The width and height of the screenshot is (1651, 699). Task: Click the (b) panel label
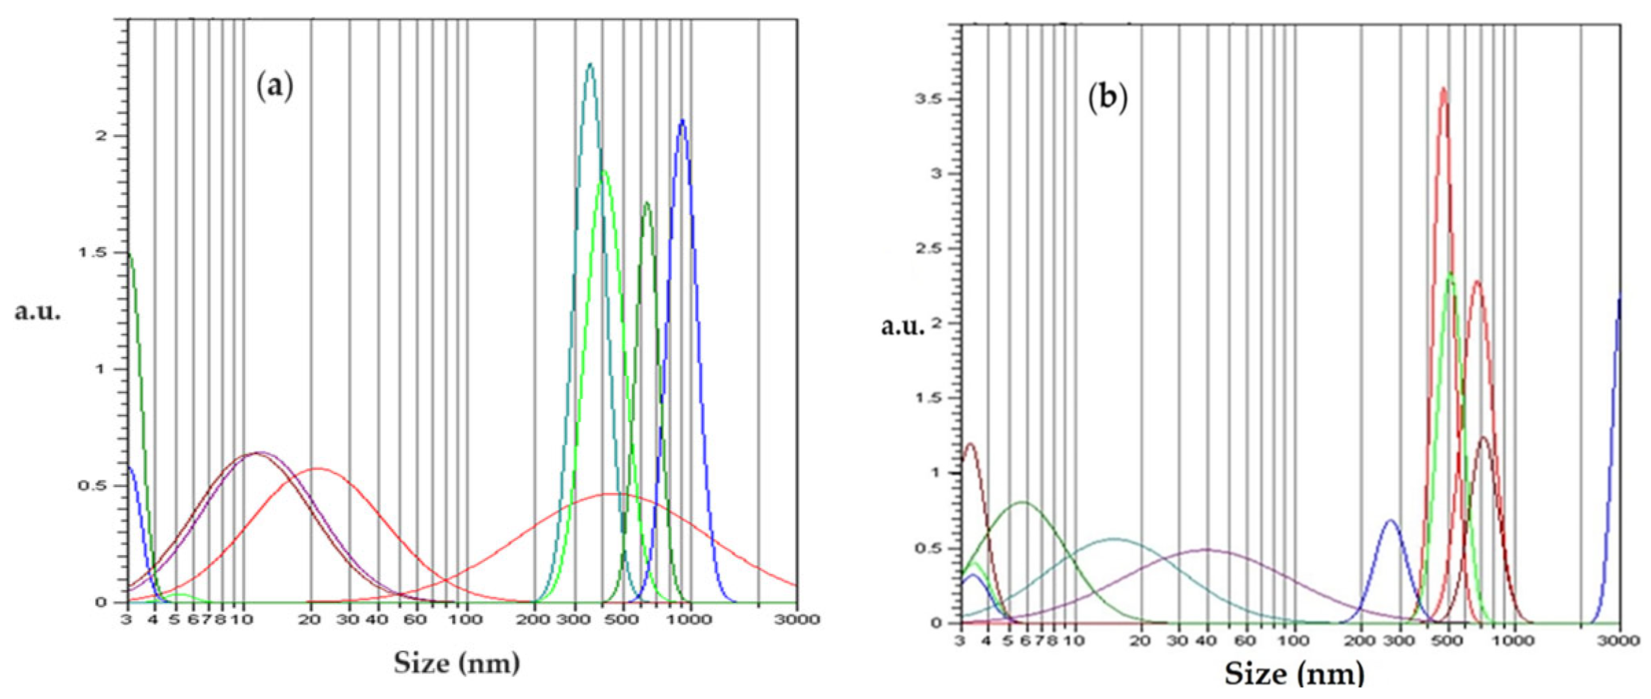pos(1107,99)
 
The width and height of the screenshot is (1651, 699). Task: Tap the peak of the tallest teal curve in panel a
pos(590,64)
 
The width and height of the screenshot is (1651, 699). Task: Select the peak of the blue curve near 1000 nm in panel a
pos(682,121)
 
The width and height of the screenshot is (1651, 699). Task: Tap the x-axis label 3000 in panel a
pos(797,619)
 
